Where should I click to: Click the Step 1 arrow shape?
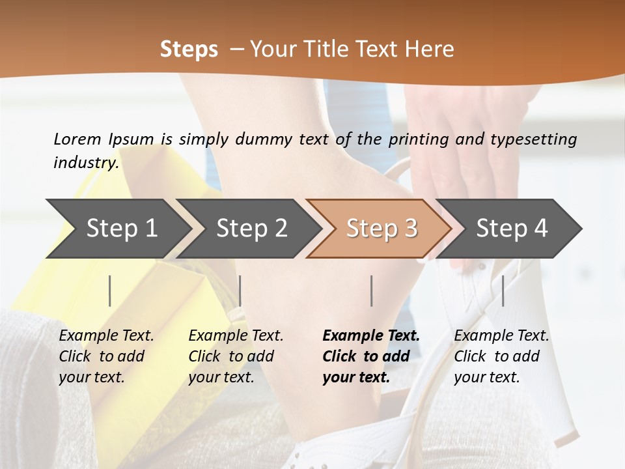121,228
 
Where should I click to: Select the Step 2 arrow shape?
251,228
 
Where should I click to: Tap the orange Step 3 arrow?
382,228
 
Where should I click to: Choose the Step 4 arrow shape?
512,228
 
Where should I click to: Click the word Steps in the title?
189,49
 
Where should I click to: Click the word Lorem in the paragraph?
77,139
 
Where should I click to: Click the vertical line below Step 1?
110,291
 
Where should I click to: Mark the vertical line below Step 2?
240,291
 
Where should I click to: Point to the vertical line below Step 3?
371,291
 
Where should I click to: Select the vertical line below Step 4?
503,291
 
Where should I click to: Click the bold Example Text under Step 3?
371,336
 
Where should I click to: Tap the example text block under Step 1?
106,356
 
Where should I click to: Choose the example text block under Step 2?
236,356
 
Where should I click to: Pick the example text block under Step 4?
501,356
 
